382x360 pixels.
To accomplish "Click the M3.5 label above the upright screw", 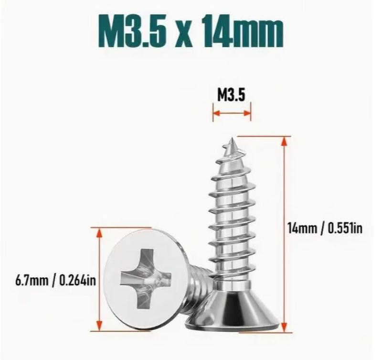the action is (231, 95).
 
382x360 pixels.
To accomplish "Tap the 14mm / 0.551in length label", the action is (325, 229).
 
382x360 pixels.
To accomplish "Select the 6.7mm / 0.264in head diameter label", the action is (55, 281).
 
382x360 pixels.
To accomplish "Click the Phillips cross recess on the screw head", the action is (145, 279).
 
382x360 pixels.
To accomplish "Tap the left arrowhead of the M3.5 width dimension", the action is (217, 113).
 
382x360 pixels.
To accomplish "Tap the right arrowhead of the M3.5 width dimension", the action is (247, 113).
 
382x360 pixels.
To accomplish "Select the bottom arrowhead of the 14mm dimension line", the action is (284, 327).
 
